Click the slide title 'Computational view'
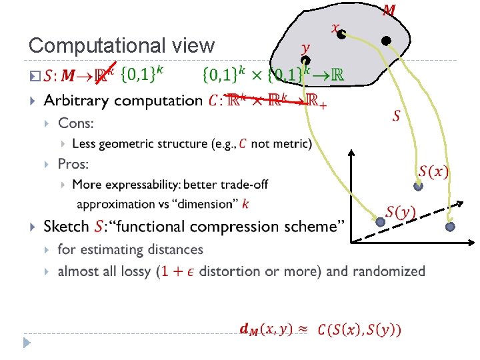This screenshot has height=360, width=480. (x=122, y=45)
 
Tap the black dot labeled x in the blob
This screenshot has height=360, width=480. (x=341, y=34)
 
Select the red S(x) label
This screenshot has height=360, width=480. (x=433, y=171)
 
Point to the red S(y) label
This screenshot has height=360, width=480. (x=401, y=213)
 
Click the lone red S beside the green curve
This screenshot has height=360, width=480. (x=396, y=117)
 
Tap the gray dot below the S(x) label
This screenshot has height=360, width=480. (x=418, y=187)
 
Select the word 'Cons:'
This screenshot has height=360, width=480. (x=76, y=123)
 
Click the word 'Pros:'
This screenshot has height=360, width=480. (x=73, y=164)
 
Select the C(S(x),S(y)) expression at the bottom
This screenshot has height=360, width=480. (x=359, y=329)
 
